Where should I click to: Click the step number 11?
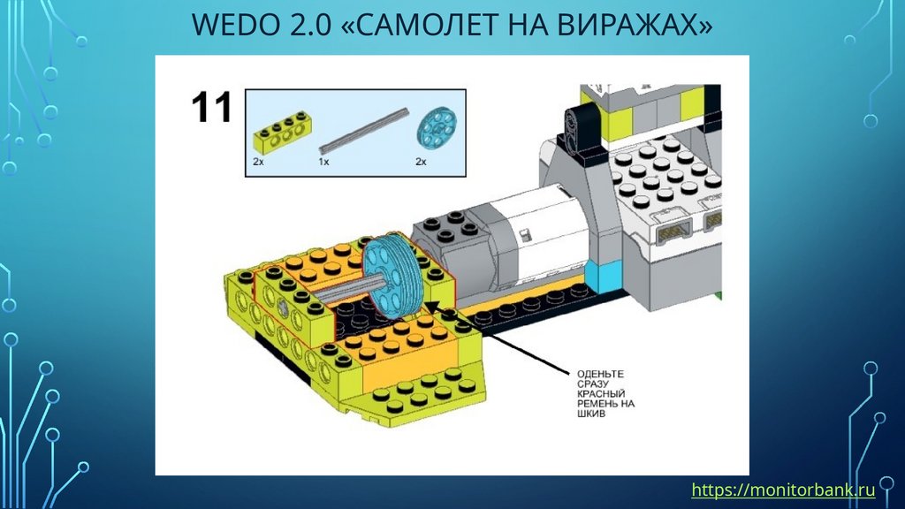click(212, 107)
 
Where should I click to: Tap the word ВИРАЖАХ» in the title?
click(629, 24)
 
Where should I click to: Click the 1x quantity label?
click(323, 163)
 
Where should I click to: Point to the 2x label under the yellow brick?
click(258, 163)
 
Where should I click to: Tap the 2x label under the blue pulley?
click(422, 163)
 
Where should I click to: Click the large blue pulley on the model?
click(392, 277)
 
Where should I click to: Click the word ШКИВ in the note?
click(591, 414)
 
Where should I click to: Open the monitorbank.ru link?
click(783, 490)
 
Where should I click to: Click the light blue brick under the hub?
click(603, 277)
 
